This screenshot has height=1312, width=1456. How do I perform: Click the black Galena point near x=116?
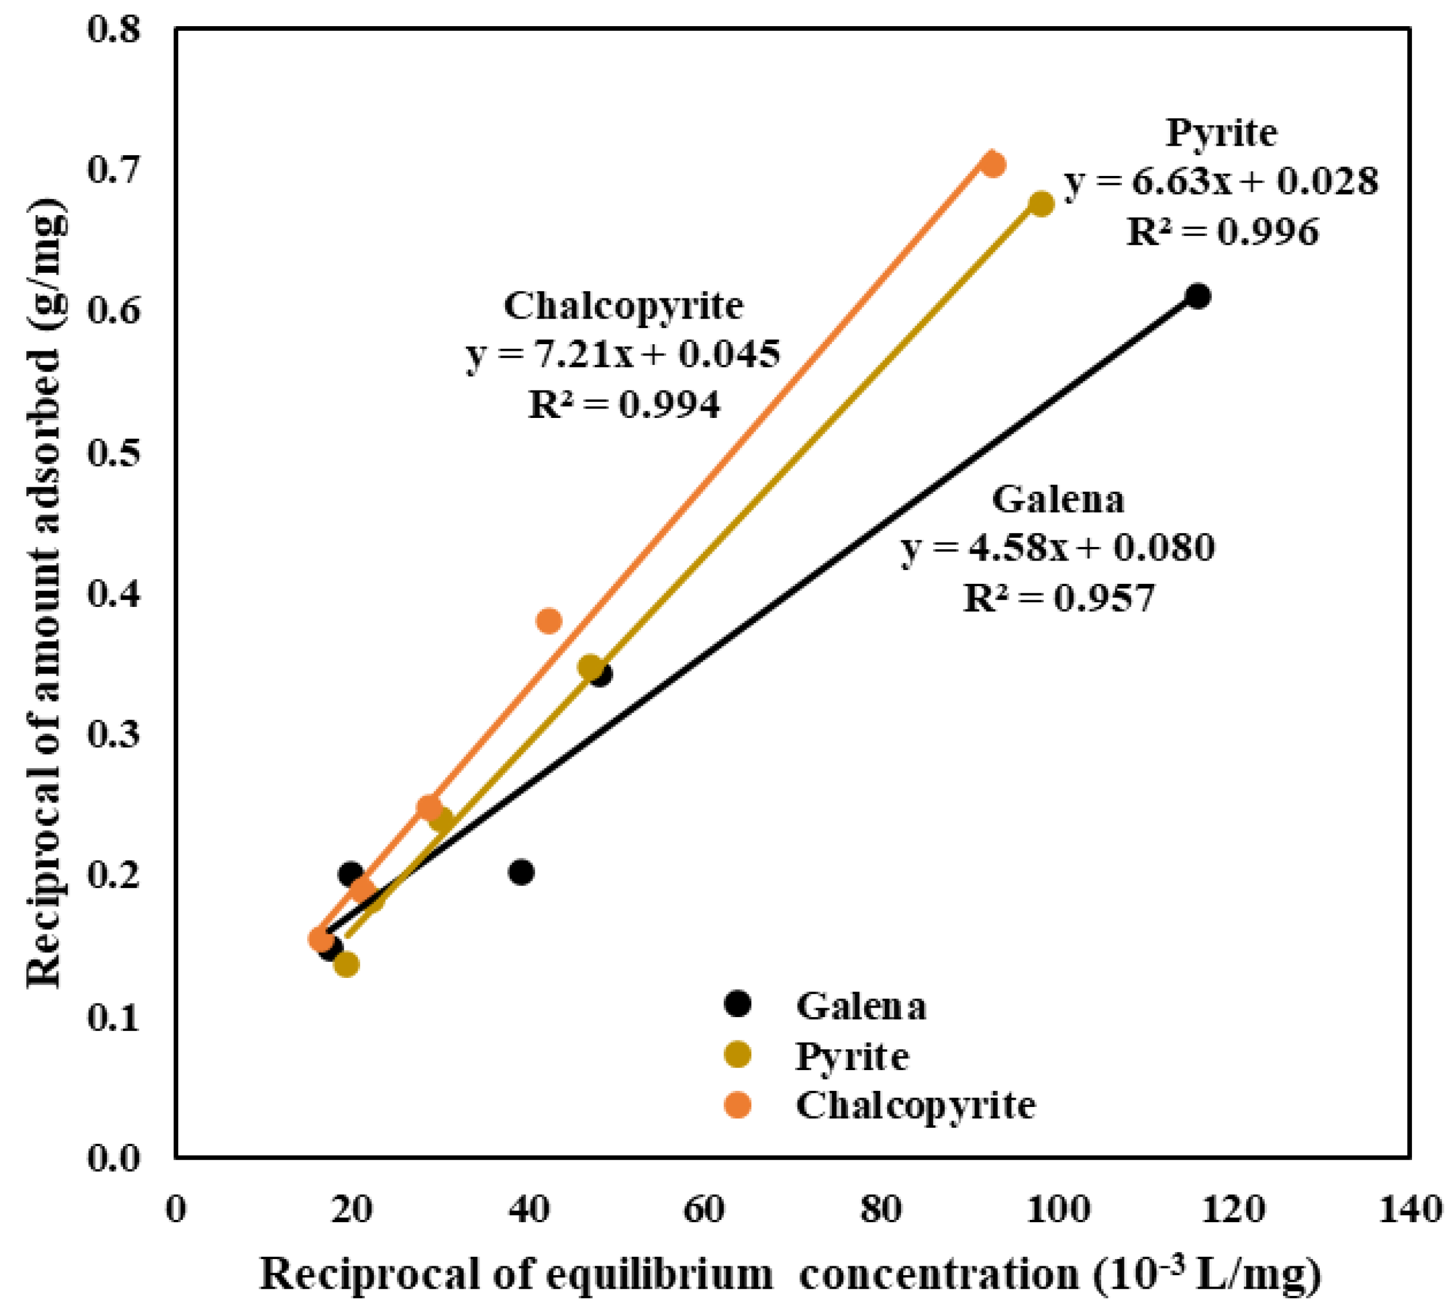(1198, 296)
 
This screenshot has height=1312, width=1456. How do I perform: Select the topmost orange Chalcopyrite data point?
(993, 164)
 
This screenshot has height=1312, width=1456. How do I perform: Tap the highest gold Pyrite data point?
(1041, 204)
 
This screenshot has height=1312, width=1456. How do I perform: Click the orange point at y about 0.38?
(549, 621)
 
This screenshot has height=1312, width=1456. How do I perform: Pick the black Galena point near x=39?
(521, 872)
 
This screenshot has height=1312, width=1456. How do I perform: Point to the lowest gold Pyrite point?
(346, 964)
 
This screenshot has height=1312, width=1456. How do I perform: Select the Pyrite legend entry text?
(852, 1056)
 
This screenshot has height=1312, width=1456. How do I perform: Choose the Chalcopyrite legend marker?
(738, 1105)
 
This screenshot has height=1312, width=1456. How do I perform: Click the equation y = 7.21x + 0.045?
(623, 355)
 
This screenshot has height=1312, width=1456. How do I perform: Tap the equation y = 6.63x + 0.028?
(1222, 182)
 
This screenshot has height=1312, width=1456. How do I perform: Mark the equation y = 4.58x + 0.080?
(1058, 547)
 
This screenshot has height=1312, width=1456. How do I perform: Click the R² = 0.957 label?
(1058, 597)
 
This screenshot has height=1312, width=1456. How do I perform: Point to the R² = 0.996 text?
(1222, 232)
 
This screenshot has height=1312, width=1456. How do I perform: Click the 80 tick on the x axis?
(881, 1209)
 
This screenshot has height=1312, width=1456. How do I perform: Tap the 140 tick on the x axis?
(1410, 1209)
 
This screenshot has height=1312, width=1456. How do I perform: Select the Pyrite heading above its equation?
(1221, 133)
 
